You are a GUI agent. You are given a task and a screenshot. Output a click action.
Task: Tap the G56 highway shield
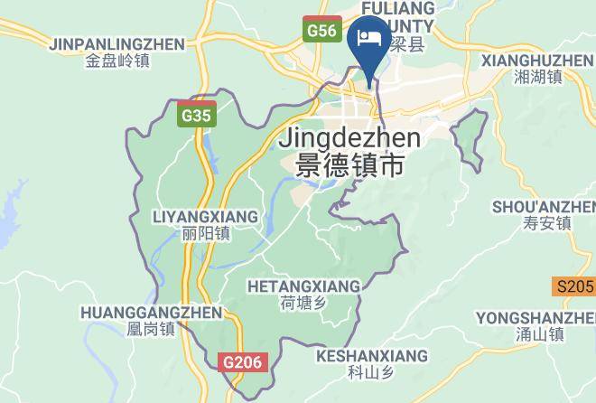click(321, 31)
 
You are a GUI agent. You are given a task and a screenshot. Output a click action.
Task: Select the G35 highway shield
click(196, 116)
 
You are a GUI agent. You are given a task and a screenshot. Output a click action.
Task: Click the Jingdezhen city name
click(350, 139)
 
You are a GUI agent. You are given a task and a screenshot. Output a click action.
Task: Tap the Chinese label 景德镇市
click(350, 166)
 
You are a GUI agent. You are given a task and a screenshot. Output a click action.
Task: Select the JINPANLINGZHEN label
click(117, 44)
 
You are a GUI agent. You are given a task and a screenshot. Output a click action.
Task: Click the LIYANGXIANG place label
click(205, 217)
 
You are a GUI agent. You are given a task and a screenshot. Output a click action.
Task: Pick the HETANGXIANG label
click(303, 286)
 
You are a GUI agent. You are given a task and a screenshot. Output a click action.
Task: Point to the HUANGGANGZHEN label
click(151, 313)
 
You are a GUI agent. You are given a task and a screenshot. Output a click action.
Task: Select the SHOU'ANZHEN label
click(544, 207)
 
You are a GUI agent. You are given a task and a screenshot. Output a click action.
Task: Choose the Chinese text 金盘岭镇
click(117, 61)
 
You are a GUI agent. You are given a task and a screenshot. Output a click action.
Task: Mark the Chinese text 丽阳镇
click(205, 234)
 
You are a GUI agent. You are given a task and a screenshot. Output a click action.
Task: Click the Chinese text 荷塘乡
click(303, 304)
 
